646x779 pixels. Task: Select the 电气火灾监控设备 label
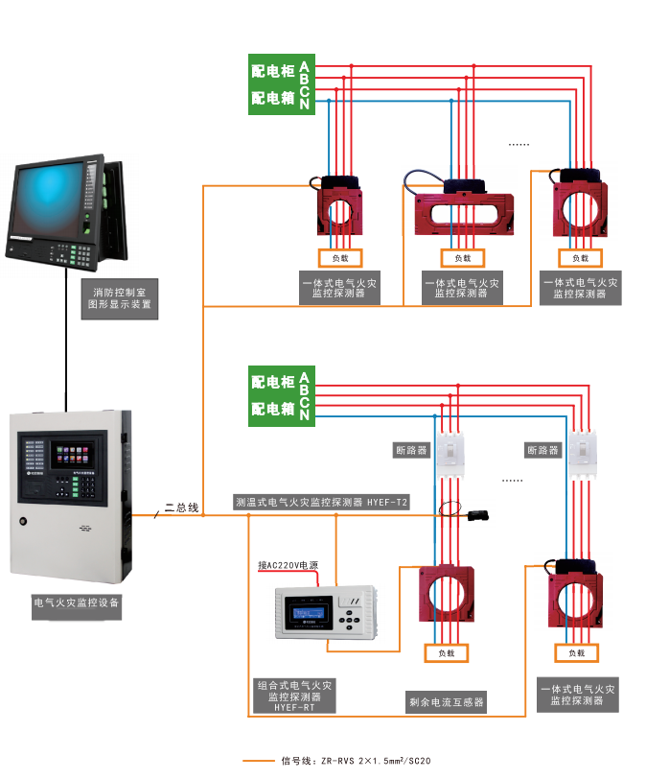[x=77, y=603]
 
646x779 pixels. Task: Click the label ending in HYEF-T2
[x=321, y=501]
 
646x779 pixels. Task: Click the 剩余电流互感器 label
[x=447, y=702]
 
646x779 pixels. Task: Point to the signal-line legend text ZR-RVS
[x=355, y=762]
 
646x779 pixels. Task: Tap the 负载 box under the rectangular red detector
[x=463, y=258]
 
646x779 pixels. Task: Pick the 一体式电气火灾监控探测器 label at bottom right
[x=576, y=695]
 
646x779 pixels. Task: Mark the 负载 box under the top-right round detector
[x=581, y=258]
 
